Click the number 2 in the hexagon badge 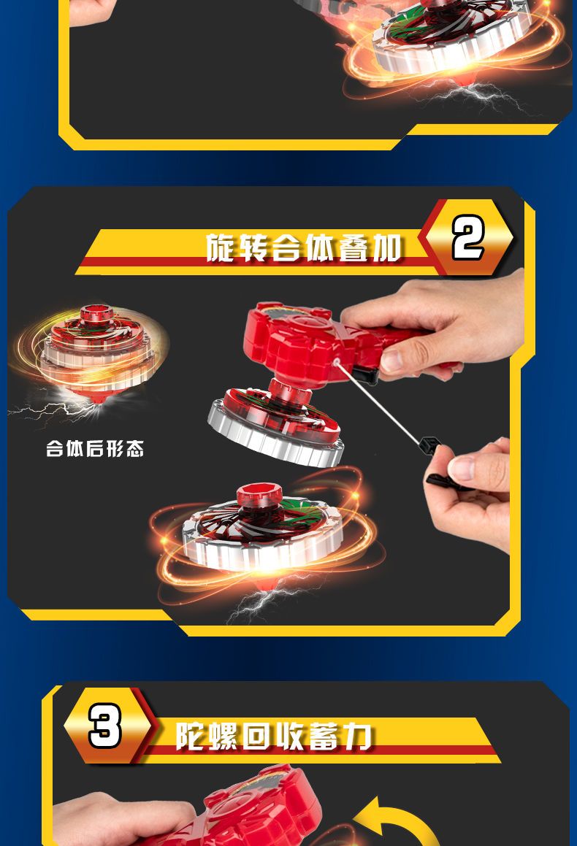pos(467,237)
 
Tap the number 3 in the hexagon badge pos(104,726)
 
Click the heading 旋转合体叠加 pos(304,248)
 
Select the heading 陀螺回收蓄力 pos(274,735)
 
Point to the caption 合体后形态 pos(95,448)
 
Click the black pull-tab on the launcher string pos(430,446)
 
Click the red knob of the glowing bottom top pos(259,496)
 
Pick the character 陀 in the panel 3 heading pos(191,735)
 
